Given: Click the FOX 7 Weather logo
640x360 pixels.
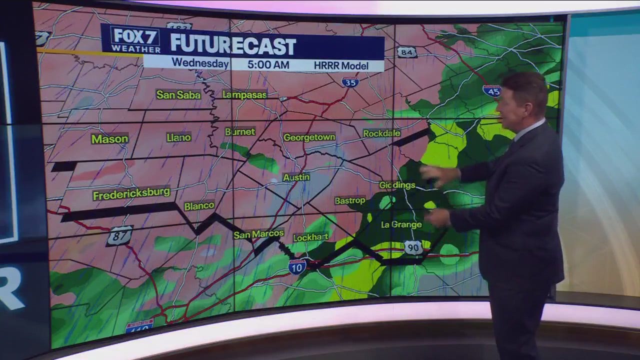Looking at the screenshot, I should [135, 39].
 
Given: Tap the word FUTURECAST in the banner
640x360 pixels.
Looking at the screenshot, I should [233, 45].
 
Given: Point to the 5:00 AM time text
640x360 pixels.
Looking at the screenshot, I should [267, 64].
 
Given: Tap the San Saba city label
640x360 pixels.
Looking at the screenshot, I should [178, 94].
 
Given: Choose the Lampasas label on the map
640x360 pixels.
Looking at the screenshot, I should [244, 94].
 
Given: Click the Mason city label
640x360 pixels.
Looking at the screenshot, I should [109, 139].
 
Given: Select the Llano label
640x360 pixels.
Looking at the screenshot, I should [178, 137].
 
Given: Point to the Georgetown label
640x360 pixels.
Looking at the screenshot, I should [309, 137].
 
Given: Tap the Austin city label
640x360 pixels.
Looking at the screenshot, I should [296, 177].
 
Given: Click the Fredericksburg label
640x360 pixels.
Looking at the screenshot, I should [131, 193].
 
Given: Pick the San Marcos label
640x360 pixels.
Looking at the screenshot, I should [258, 234].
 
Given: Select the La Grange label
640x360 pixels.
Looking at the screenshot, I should [401, 225].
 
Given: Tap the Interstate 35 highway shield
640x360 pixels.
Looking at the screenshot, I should [350, 82].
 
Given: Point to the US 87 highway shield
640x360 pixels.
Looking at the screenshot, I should [119, 236].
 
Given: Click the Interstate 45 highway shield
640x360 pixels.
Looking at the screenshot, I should [492, 90].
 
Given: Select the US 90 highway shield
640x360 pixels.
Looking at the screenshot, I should [413, 247].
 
